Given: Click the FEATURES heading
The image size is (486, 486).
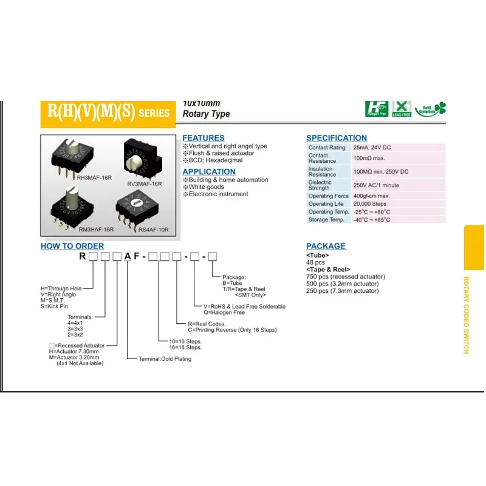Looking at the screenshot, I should coord(204,138).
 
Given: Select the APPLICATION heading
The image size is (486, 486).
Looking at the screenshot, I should coord(209,172).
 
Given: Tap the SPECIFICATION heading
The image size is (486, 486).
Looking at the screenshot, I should coord(337,138).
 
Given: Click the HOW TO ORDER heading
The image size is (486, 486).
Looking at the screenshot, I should coord(72,246).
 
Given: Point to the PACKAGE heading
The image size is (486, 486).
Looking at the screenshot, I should coord(326,246).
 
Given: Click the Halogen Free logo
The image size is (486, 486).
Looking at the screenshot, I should coord(377,109).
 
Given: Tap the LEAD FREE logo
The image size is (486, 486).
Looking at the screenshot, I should coord(402,109).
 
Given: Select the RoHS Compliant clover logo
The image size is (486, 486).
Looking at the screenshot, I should coord(431,109).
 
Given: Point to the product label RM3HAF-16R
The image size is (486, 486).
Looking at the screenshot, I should coord(96,230).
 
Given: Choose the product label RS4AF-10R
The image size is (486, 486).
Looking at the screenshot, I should coord(153,230).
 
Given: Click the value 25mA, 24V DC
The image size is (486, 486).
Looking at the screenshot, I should coord(372,148).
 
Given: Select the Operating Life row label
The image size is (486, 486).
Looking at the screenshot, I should coord(329,204).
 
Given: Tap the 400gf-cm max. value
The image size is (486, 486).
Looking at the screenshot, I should coord(372,196).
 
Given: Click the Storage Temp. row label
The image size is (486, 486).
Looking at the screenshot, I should coord(326,219).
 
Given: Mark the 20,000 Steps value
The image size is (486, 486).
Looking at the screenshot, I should coord(369,204).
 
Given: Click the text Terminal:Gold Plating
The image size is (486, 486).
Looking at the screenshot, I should coord(165,359).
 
